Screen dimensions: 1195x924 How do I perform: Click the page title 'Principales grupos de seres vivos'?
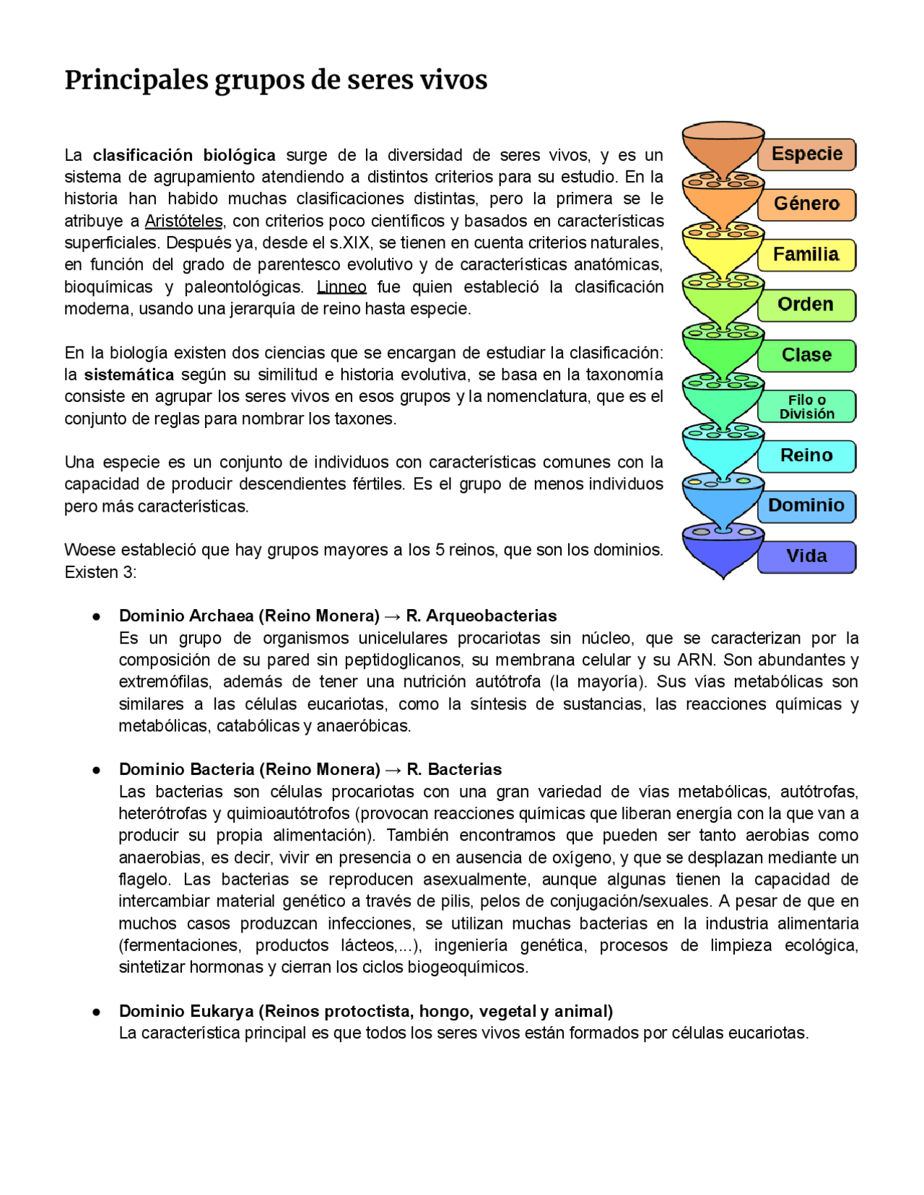point(276,80)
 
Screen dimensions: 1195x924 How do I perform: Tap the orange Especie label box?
point(806,154)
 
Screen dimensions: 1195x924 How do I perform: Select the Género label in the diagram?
point(806,204)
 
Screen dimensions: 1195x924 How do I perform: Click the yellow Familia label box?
point(806,255)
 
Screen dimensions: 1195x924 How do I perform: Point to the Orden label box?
point(806,305)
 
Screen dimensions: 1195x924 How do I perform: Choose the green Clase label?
point(806,355)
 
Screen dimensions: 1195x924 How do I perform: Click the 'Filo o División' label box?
point(806,406)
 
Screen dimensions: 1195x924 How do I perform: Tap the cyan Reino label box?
point(806,456)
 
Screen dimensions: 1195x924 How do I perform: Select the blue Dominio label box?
point(806,506)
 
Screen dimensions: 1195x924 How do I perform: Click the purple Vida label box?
point(806,556)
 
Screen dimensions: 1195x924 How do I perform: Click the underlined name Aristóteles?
point(183,221)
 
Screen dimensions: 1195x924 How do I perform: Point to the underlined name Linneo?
point(341,287)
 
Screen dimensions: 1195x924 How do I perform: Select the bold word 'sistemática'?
point(129,375)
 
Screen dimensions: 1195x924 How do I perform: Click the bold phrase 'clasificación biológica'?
point(184,155)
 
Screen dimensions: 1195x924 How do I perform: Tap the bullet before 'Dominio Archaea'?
point(96,617)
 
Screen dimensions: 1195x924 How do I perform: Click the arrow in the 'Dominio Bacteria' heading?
point(393,770)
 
